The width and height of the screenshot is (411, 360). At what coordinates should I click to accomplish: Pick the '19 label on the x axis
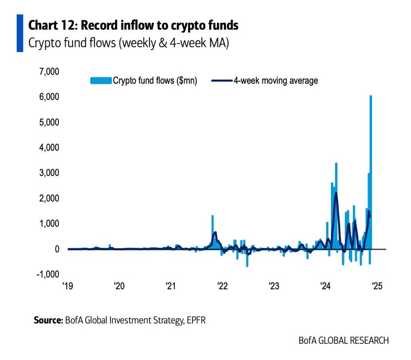[68, 286]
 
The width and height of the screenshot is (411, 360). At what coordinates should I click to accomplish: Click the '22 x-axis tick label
[222, 286]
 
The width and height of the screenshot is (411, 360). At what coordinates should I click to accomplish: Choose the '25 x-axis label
[377, 286]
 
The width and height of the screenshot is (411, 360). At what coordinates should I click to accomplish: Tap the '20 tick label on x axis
[119, 286]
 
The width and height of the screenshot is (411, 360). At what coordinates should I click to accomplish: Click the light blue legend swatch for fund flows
[101, 81]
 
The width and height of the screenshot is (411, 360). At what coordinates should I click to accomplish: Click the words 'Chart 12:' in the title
[52, 24]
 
